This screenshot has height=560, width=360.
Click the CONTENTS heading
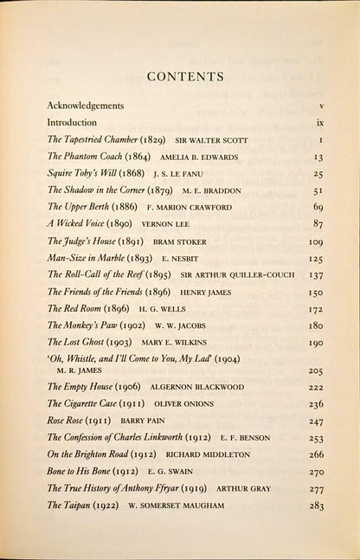(185, 77)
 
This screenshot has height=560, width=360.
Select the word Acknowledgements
(86, 106)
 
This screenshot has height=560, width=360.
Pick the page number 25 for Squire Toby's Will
(318, 174)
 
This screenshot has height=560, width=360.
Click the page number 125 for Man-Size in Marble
(316, 258)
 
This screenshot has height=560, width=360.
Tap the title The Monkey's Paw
(85, 325)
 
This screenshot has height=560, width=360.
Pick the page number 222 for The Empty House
(316, 387)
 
